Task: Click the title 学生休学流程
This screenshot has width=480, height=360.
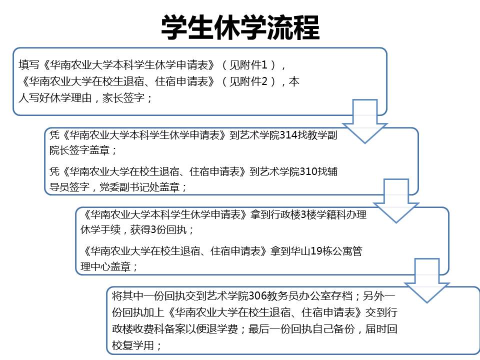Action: pos(240,27)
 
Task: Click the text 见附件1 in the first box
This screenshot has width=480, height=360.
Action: pos(248,64)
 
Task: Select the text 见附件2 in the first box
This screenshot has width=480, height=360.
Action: pos(248,81)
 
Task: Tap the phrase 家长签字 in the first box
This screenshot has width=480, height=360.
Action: pos(123,97)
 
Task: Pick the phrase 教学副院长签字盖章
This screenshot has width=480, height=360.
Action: pos(193,142)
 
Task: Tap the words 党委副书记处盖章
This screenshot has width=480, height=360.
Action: pos(139,186)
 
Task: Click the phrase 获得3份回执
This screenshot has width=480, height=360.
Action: pos(158,229)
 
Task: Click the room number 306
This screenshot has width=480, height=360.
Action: pos(257,295)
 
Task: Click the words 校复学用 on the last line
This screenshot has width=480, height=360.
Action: pos(132,345)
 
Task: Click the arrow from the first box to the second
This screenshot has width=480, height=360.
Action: pos(365,121)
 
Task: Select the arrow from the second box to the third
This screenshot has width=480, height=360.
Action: pos(396,201)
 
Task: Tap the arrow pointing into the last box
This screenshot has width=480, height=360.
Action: pos(427,280)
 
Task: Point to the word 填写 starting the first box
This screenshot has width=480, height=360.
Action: pos(29,64)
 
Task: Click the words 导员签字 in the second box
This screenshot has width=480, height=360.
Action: pos(69,186)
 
